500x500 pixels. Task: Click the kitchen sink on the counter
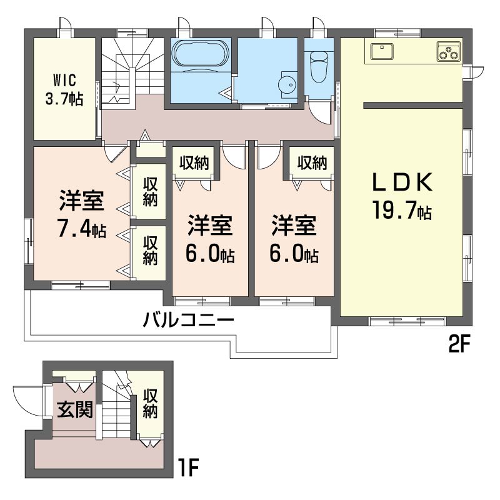pyautogui.click(x=381, y=51)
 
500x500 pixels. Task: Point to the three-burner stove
pyautogui.click(x=447, y=52)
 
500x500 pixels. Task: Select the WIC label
pyautogui.click(x=64, y=81)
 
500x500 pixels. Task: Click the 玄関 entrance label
pyautogui.click(x=75, y=410)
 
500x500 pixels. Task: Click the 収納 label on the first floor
pyautogui.click(x=150, y=404)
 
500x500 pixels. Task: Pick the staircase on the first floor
pyautogui.click(x=116, y=416)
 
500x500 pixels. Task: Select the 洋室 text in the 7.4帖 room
pyautogui.click(x=81, y=201)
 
